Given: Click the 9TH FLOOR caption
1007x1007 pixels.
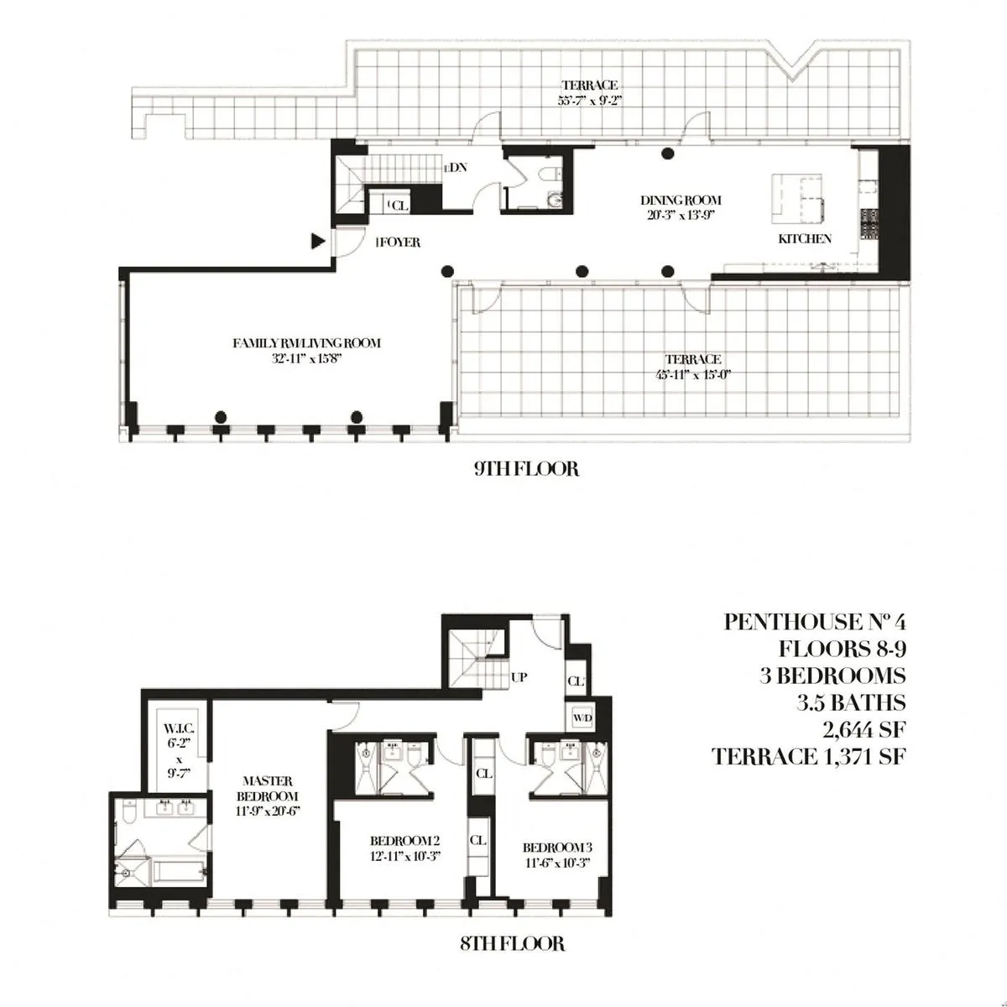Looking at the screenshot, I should (x=526, y=468).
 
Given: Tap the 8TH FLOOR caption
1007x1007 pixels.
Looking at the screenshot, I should (x=512, y=944).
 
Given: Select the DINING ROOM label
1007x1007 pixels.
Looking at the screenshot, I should (x=681, y=201).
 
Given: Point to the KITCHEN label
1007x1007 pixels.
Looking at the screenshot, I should (x=805, y=238).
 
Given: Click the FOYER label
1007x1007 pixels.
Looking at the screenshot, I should (x=399, y=243).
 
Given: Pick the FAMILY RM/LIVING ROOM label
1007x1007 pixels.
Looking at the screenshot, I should (x=306, y=342).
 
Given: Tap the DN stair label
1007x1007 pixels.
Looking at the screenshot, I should (x=457, y=168).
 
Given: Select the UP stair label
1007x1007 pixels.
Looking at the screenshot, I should (x=519, y=676).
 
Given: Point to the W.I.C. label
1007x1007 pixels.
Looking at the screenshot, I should (x=178, y=728).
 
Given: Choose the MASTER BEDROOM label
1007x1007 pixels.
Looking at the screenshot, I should (x=268, y=788).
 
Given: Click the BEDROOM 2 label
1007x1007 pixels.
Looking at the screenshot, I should (x=405, y=841).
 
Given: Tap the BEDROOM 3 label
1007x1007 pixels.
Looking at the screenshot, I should (x=557, y=847).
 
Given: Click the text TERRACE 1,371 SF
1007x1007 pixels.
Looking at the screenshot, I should (x=809, y=756).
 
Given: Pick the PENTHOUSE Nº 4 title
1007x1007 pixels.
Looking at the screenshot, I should (x=815, y=622).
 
